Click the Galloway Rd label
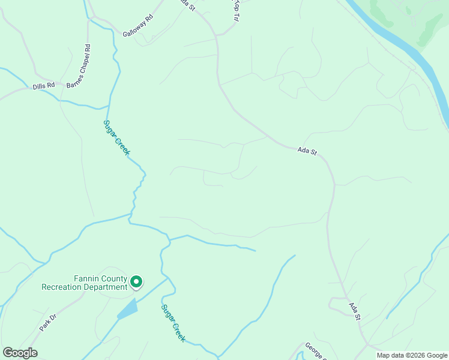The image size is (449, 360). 138,26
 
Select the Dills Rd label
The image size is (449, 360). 44,86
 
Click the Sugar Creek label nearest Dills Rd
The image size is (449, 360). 116,137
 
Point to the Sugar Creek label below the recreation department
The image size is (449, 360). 173,323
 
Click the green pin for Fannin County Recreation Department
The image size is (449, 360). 136,281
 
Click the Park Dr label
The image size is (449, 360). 47,322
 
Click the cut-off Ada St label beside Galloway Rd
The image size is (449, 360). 188,5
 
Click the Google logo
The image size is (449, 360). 20,353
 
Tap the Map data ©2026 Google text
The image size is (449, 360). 412,355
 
